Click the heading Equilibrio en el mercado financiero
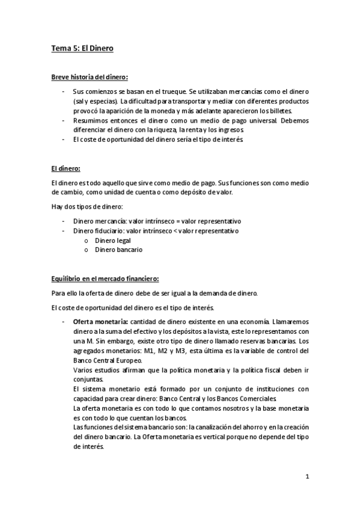(x=105, y=279)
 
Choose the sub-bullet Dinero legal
(x=113, y=240)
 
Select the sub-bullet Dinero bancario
(x=118, y=250)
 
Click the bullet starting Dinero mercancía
(x=156, y=221)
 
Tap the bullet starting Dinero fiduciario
(x=156, y=230)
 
